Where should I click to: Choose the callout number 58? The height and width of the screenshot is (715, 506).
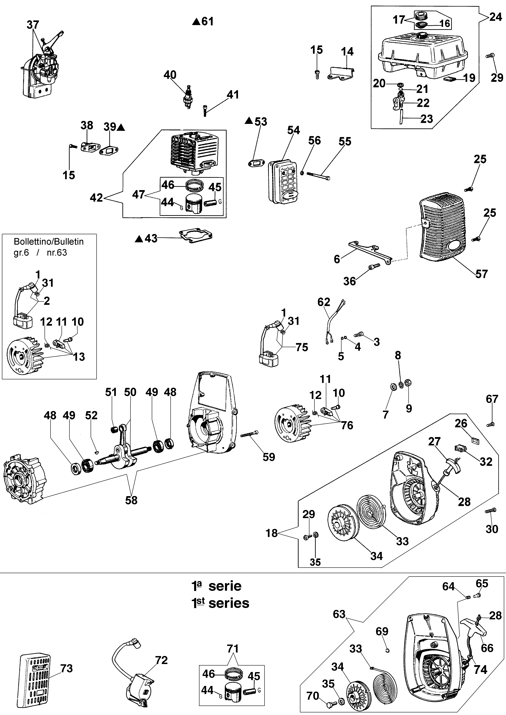click(x=131, y=500)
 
